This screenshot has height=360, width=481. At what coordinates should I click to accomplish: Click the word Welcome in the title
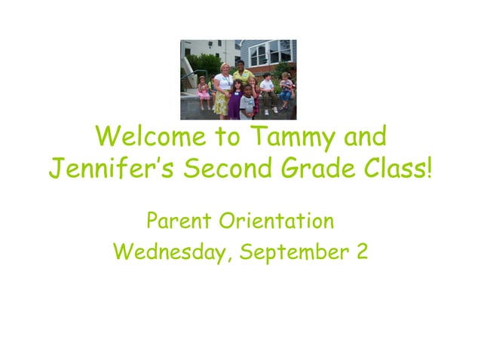[x=151, y=137]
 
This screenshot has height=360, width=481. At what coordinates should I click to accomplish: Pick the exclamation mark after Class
[x=429, y=170]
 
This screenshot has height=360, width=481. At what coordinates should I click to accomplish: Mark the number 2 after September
[x=361, y=252]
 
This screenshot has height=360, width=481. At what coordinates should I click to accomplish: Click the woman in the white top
[x=222, y=87]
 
